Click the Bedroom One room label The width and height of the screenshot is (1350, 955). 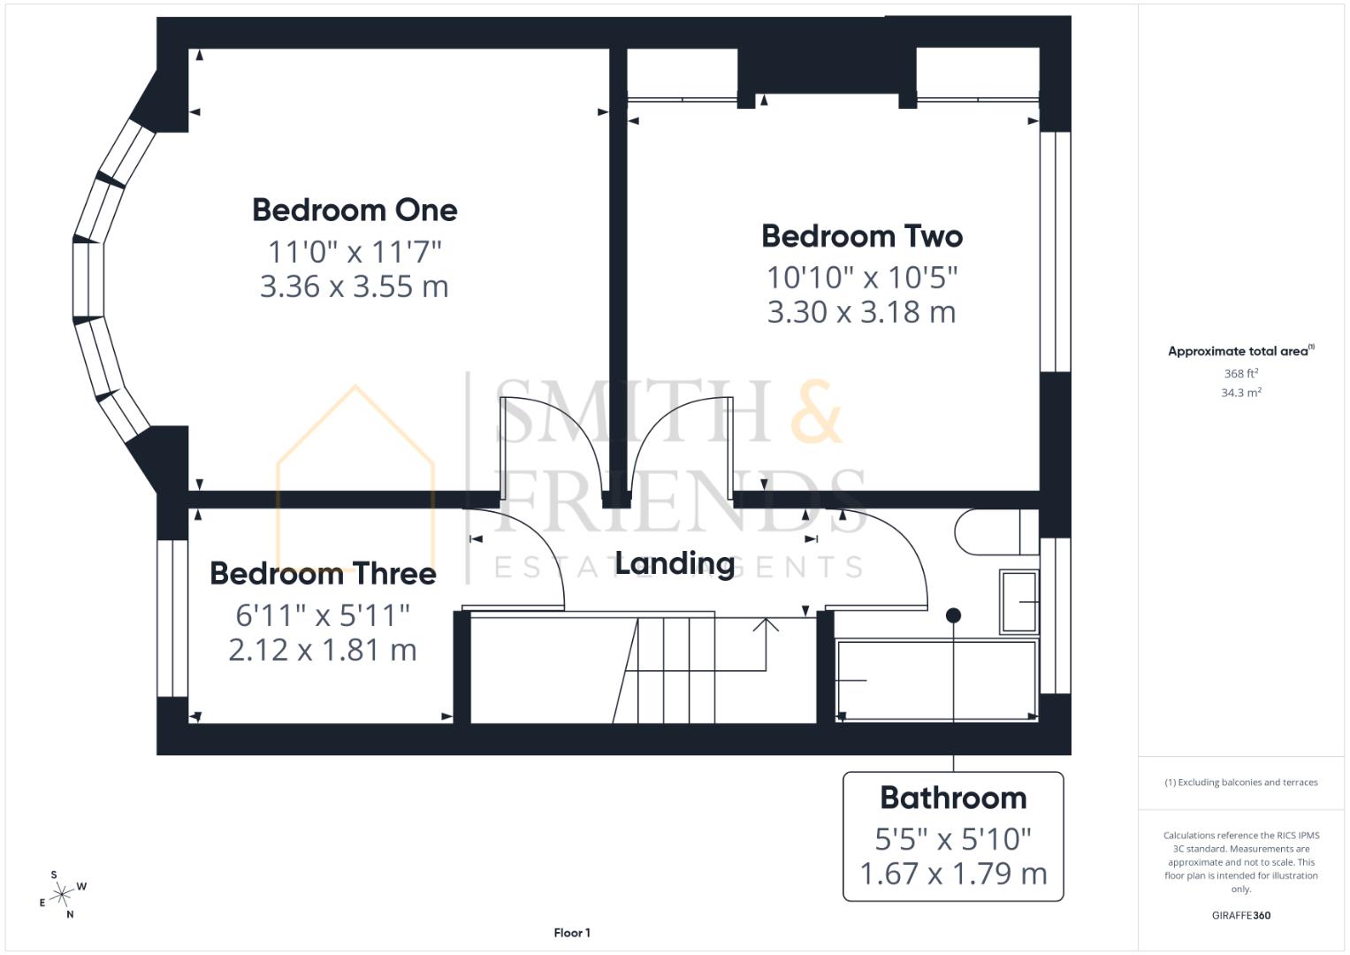pos(355,210)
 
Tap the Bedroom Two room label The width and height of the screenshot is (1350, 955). pos(861,236)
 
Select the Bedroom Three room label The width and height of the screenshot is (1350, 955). pos(323,574)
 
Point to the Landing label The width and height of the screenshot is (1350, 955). pos(675,563)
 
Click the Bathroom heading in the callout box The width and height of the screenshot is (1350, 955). pos(953,798)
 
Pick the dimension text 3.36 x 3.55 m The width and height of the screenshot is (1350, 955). pos(355,286)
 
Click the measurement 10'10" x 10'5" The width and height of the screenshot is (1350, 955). pos(862,278)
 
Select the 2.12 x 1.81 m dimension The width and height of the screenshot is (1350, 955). pos(323,650)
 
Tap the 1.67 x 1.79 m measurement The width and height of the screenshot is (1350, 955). pos(953,874)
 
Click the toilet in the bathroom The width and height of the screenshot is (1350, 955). pos(988,531)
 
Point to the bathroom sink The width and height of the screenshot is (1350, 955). pos(1018,602)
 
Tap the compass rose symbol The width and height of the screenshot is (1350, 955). pos(61,895)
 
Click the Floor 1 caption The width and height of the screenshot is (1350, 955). pos(572,933)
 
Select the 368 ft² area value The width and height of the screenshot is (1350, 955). pos(1240,374)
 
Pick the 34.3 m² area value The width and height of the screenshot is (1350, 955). pos(1240,393)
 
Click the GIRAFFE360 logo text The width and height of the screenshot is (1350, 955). pos(1240,915)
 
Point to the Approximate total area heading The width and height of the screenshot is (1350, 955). pos(1239,351)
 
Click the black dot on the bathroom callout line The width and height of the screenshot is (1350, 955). pos(953,615)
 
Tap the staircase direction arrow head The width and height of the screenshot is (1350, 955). pos(766,623)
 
